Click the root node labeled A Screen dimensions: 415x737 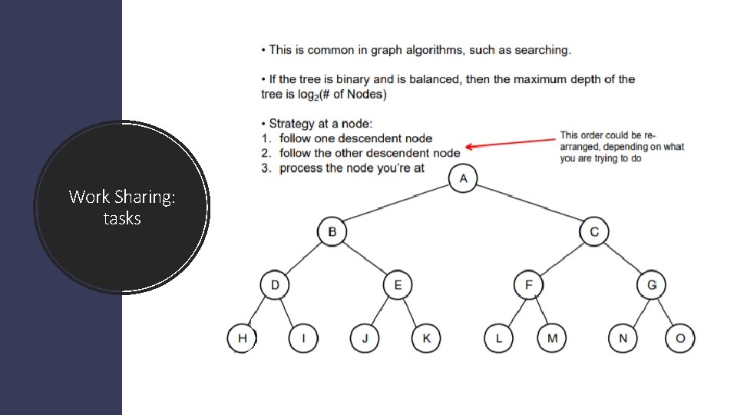click(x=463, y=178)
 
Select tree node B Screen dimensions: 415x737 click(x=332, y=231)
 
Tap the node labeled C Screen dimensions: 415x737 click(x=594, y=231)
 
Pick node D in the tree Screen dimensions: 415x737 click(x=275, y=285)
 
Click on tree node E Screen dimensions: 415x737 click(x=397, y=285)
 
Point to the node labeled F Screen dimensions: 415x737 click(x=528, y=285)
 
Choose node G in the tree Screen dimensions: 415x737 click(x=651, y=285)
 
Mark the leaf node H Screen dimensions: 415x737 click(x=242, y=338)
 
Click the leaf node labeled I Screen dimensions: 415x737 click(x=302, y=338)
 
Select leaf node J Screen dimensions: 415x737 click(x=365, y=338)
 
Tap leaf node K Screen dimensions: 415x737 click(x=426, y=338)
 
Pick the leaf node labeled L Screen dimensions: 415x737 click(x=498, y=338)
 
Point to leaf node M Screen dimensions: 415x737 click(x=552, y=338)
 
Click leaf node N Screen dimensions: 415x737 click(x=623, y=338)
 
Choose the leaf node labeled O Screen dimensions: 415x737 click(x=680, y=338)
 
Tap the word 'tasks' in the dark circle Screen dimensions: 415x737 click(x=122, y=218)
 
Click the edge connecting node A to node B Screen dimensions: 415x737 click(x=398, y=204)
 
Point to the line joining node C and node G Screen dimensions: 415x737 click(x=623, y=258)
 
